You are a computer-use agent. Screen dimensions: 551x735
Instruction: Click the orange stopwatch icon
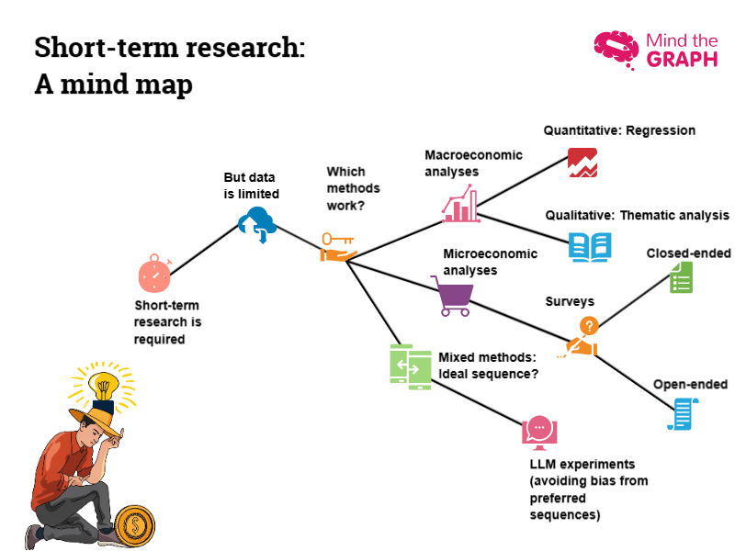154,273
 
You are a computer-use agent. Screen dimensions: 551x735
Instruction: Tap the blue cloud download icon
257,223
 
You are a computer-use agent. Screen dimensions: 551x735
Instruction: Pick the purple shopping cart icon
452,296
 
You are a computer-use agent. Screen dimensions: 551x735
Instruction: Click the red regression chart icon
582,163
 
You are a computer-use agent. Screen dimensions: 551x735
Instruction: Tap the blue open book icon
589,246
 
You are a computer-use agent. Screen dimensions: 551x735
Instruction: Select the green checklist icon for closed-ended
681,276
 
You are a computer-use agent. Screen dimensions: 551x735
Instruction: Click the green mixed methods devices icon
410,365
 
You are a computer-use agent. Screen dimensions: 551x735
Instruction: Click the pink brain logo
616,50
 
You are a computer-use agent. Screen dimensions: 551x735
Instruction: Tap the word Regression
661,130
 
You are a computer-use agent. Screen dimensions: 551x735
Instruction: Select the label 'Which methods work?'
346,188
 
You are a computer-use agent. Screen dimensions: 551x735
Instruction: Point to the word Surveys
570,301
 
